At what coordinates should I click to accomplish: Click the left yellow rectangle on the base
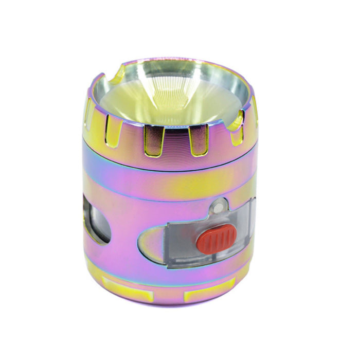point(127,295)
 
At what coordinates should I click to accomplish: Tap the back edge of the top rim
point(175,60)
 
